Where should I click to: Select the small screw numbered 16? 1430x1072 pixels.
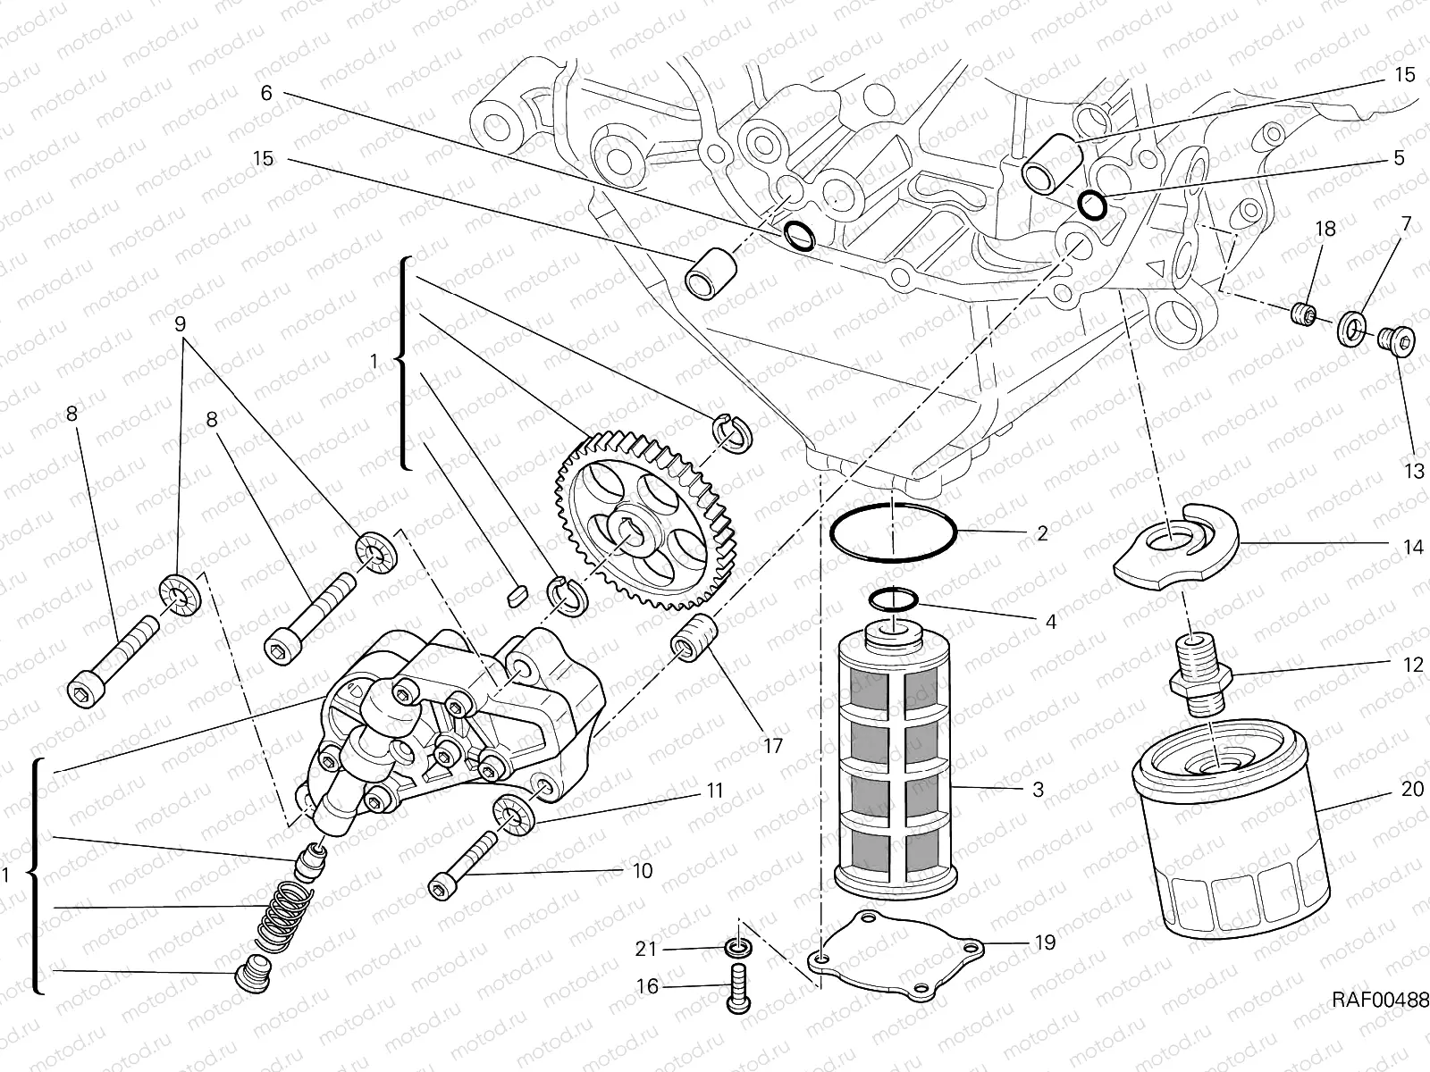click(x=738, y=990)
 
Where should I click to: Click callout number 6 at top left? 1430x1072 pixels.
click(x=265, y=93)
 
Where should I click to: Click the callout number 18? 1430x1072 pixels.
click(x=1325, y=229)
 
